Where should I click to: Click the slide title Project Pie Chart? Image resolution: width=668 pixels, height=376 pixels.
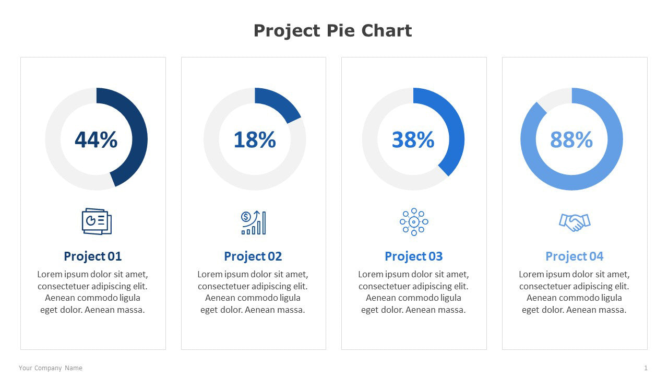coord(332,31)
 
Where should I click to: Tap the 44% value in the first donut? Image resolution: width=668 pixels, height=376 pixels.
coord(96,140)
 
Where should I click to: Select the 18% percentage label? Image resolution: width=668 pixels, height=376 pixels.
coord(255,140)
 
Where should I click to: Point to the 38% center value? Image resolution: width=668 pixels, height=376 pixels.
coord(413,140)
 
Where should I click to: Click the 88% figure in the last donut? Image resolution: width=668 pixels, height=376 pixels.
coord(571,140)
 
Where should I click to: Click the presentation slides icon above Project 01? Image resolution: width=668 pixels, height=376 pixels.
coord(97,221)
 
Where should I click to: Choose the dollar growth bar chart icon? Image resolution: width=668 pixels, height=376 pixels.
coord(254,222)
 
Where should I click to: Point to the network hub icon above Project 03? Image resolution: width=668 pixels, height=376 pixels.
coord(414,222)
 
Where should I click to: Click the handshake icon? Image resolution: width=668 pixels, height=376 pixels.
coord(574,222)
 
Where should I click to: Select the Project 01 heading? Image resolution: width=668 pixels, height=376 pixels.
coord(92,256)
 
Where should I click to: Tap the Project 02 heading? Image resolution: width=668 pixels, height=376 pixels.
coord(253,256)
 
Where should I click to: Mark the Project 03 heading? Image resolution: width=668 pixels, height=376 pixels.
coord(413,256)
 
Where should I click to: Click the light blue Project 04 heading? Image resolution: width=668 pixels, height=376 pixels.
coord(574,256)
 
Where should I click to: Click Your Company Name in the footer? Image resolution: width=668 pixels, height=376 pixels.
coord(51,368)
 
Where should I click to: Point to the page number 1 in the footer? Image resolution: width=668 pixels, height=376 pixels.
coord(646,368)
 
